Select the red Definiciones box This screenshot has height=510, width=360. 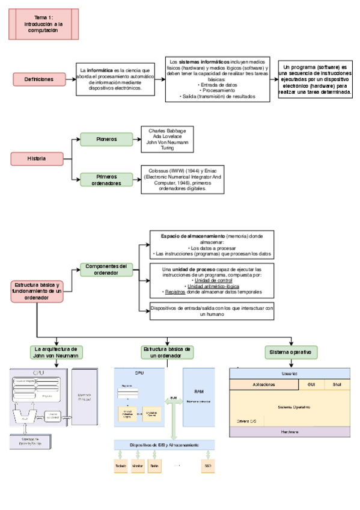pos(38,79)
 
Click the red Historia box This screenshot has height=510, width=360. pos(37,159)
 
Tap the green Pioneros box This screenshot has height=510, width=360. pos(106,140)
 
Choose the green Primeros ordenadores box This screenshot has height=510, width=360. pos(106,180)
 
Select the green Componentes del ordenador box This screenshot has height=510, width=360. pos(106,269)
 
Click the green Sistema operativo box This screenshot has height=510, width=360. pos(291,352)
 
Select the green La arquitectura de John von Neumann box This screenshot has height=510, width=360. pos(56,352)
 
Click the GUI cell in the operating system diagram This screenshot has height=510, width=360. pos(311,384)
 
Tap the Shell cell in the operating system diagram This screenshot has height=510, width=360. pos(337,384)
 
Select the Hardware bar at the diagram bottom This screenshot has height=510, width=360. pos(290,432)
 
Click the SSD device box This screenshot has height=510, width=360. pos(207,466)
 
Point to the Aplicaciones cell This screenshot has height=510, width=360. pos(264,384)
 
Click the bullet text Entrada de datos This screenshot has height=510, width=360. pos(218,85)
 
